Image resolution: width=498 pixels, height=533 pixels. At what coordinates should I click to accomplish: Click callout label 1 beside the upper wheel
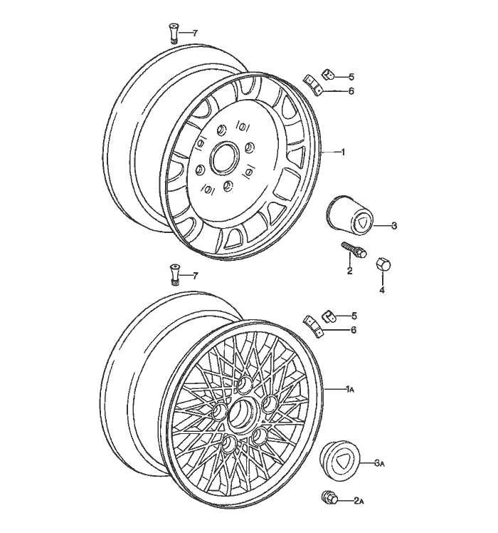(344, 152)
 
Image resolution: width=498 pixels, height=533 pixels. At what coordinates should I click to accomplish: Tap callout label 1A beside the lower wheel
(349, 389)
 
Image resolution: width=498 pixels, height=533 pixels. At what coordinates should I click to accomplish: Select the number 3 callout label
(393, 226)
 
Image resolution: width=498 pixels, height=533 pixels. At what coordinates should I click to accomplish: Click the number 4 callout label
(381, 290)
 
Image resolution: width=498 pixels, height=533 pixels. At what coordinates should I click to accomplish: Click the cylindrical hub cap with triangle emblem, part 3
(349, 215)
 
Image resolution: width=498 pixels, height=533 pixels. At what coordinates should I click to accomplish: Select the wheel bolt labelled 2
(354, 250)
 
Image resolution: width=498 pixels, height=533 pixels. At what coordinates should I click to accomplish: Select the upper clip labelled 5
(327, 74)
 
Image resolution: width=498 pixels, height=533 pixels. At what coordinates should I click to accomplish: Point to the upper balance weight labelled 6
(313, 85)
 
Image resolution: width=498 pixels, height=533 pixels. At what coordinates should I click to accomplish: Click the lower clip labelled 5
(329, 314)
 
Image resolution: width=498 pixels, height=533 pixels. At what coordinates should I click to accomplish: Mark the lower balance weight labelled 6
(313, 326)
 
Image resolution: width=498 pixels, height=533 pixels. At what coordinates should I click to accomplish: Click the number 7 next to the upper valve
(194, 33)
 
